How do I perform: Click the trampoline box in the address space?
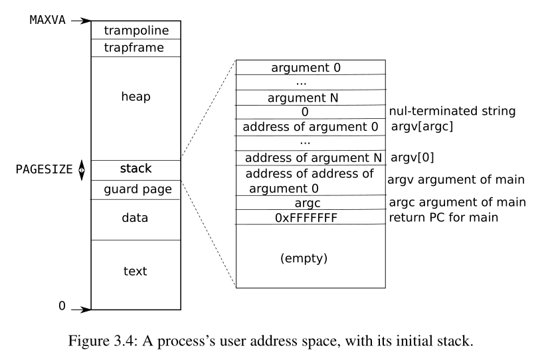[136, 31]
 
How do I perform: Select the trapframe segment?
[136, 48]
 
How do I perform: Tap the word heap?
[136, 97]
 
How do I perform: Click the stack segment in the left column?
[136, 169]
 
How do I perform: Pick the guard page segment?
[136, 189]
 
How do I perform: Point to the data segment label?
[136, 218]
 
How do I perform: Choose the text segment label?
[136, 271]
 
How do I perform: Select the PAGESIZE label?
[45, 169]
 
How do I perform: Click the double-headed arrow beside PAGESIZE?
[82, 169]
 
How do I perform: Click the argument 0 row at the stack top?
[306, 68]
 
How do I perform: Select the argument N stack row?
[306, 98]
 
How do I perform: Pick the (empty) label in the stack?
[304, 256]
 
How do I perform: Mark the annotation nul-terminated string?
[452, 112]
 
